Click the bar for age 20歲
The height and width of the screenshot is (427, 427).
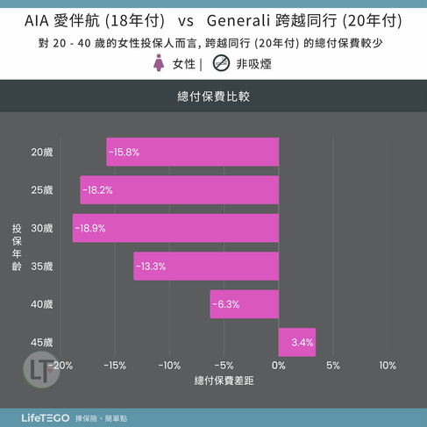point(193,152)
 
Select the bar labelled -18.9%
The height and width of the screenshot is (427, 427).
point(175,228)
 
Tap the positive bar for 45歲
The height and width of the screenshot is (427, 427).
point(297,342)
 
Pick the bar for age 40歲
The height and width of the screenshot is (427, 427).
point(245,304)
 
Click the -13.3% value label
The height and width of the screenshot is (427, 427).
point(151,267)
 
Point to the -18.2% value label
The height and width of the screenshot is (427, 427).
point(97,190)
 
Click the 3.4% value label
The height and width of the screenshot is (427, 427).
point(302,342)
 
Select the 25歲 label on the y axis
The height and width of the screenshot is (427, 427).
point(42,190)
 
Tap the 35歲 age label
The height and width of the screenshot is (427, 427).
point(42,267)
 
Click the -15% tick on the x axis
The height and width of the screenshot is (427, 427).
point(115,366)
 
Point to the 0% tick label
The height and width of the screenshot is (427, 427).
point(279,366)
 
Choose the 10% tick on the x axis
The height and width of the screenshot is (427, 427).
point(388,366)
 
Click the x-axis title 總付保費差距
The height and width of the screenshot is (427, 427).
point(224,381)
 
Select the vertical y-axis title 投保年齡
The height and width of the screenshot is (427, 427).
point(17,247)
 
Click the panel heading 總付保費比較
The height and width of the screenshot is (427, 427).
point(214,96)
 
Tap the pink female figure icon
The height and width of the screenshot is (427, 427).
point(159,63)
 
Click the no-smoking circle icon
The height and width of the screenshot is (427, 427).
point(221,63)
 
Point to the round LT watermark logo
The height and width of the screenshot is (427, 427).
point(41,370)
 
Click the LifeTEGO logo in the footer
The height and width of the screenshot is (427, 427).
point(46,418)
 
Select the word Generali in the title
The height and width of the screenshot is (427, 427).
point(238,21)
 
